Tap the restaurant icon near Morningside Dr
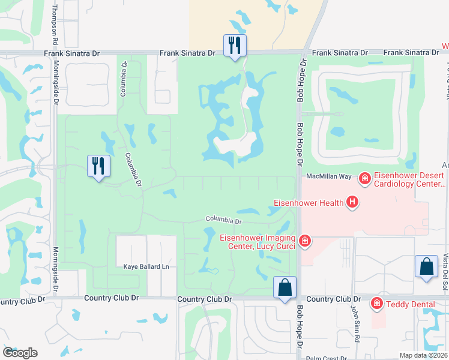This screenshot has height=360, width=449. (98, 165)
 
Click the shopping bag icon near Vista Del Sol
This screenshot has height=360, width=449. (426, 266)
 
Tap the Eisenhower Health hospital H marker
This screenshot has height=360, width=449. (352, 203)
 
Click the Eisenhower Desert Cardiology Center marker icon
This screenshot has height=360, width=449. (364, 178)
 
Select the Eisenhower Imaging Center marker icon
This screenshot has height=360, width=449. (305, 241)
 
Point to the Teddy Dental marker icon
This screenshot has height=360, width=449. (377, 304)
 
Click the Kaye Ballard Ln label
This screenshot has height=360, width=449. (143, 266)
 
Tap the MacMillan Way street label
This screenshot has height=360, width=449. (328, 176)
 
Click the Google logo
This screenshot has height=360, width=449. (20, 353)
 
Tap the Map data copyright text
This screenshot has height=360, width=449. (423, 355)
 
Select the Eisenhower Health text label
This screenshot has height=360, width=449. (310, 203)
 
